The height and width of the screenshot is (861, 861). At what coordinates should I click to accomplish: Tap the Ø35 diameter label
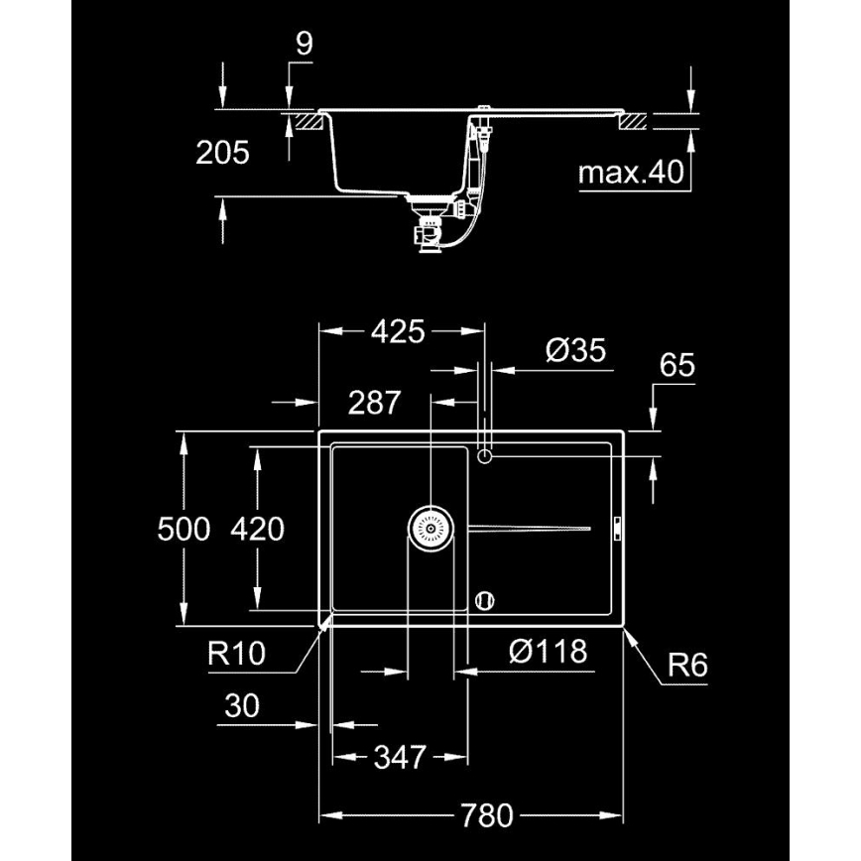(575, 351)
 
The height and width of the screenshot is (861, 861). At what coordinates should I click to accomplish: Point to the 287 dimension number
(374, 403)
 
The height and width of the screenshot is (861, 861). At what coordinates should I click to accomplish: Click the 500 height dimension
(184, 529)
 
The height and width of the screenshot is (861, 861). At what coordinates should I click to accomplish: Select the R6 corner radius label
(686, 665)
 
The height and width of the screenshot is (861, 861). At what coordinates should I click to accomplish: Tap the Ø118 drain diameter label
(548, 652)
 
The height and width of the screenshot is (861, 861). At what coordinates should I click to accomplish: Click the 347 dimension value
(399, 759)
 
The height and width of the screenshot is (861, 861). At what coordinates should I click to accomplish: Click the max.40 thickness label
(632, 174)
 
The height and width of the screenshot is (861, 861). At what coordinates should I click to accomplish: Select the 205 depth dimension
(222, 153)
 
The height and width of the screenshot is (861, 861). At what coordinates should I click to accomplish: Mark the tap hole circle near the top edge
(485, 455)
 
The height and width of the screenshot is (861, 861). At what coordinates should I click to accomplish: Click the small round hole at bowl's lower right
(485, 599)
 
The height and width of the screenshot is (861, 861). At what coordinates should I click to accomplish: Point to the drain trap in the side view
(430, 232)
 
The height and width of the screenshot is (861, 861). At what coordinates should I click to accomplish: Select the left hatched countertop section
(306, 123)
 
